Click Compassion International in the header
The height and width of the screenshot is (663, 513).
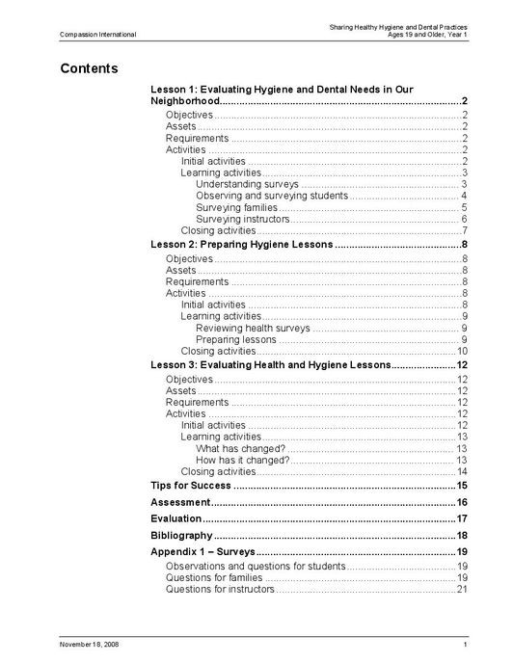(97, 35)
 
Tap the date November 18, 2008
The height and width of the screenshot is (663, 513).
(90, 644)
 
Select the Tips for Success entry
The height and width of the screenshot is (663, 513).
(191, 486)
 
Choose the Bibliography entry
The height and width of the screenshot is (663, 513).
(181, 535)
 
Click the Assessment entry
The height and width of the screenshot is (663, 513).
(180, 502)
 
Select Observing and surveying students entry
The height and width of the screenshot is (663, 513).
(257, 196)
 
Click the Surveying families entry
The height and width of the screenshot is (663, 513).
(236, 207)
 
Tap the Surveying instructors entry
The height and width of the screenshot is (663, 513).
(242, 219)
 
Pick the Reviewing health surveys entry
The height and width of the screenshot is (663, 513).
(253, 328)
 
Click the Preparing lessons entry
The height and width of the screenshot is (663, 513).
(236, 339)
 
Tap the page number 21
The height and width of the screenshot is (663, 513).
(462, 589)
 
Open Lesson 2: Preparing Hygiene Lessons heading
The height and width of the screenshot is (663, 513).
(241, 245)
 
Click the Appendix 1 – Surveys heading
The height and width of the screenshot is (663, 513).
(202, 551)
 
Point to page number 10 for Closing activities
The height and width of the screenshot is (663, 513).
(462, 351)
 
